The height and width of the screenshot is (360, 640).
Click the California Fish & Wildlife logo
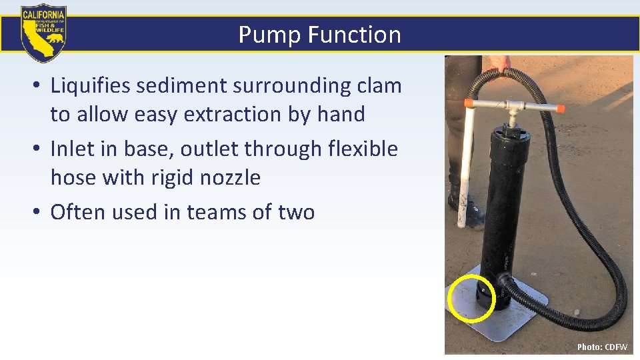pos(43,33)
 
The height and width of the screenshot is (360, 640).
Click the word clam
pos(377,86)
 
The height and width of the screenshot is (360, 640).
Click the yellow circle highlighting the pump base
pos(471,297)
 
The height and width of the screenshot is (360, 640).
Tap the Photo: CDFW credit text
pos(602,347)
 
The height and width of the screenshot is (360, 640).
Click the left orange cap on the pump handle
pos(469,103)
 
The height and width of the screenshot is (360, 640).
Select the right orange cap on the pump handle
pos(560,109)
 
